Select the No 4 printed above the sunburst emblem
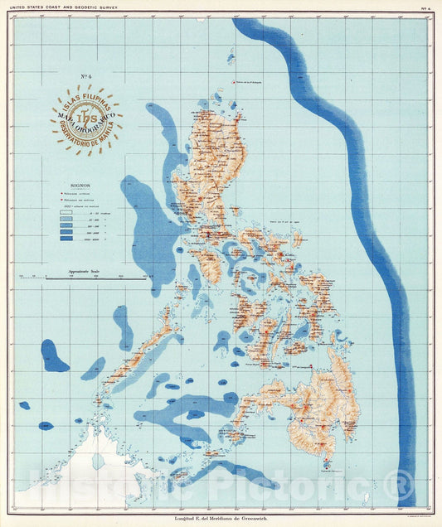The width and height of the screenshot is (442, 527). coord(85,78)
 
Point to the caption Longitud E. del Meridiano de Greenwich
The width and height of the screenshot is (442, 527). coord(221,520)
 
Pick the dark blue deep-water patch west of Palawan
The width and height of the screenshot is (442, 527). coord(54,356)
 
